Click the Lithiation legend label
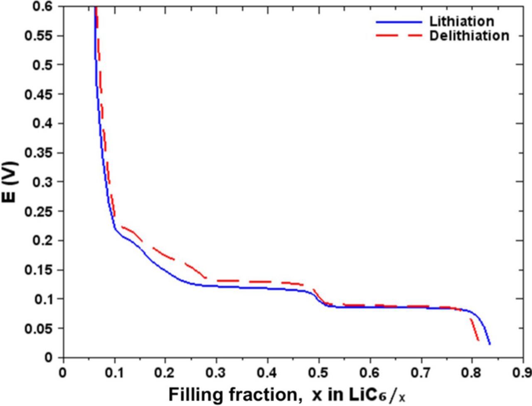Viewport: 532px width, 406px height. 461,21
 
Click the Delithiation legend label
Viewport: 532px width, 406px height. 469,36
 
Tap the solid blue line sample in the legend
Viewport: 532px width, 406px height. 399,22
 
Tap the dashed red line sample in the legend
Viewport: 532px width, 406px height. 399,36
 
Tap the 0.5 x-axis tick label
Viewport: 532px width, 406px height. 319,372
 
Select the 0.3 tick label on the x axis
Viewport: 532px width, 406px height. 217,372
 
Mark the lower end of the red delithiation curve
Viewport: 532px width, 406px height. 478,341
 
